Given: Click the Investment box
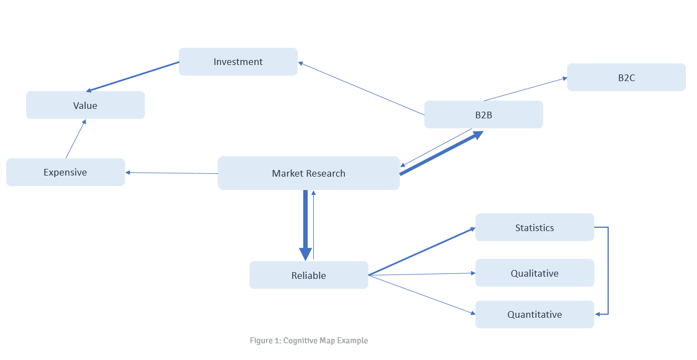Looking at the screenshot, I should (x=238, y=62).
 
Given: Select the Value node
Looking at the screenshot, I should (x=85, y=106).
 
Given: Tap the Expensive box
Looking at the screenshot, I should (x=65, y=172).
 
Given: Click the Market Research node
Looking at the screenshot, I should (x=308, y=173).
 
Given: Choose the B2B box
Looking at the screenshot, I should (x=483, y=115).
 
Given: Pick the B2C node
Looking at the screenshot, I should (x=626, y=77).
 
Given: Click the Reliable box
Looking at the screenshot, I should (x=308, y=275).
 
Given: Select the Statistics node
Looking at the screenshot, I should (x=534, y=227).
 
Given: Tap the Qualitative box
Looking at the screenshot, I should (x=534, y=273).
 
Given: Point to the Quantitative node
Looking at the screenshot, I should (x=534, y=314).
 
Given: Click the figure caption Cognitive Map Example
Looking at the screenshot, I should (x=309, y=341).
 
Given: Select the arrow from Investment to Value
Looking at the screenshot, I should (x=133, y=77).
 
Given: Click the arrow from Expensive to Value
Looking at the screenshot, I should (x=76, y=139).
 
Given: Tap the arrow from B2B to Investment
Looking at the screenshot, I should (x=361, y=89).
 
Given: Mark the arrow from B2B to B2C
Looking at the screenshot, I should (x=525, y=89).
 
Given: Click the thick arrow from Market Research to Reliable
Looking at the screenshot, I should (x=305, y=222).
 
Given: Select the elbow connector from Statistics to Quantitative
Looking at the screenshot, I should (x=608, y=271).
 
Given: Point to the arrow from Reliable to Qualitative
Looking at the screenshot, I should (x=422, y=274).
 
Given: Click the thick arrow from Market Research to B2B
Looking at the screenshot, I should (x=439, y=154).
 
